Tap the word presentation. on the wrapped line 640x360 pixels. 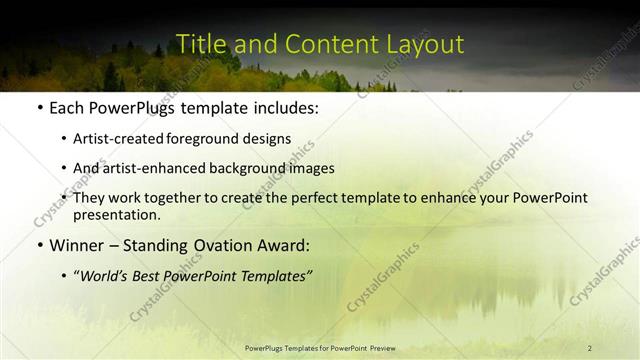click(x=117, y=214)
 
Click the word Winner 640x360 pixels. click(x=77, y=244)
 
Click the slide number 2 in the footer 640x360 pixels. click(x=589, y=348)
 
